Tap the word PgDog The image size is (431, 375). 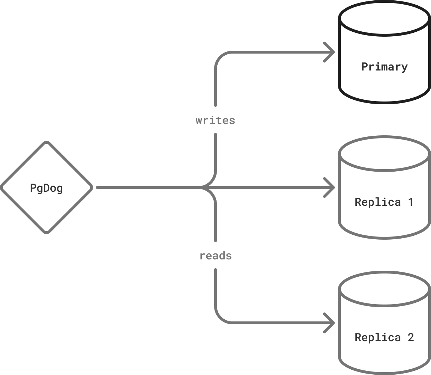46,188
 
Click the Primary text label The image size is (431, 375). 385,67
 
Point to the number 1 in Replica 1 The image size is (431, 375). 410,202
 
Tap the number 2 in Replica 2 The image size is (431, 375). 410,337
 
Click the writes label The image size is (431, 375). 215,120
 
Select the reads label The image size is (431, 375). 216,256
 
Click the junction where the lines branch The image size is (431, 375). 208,187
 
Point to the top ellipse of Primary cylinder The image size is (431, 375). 385,18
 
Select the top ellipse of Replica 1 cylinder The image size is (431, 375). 385,153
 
